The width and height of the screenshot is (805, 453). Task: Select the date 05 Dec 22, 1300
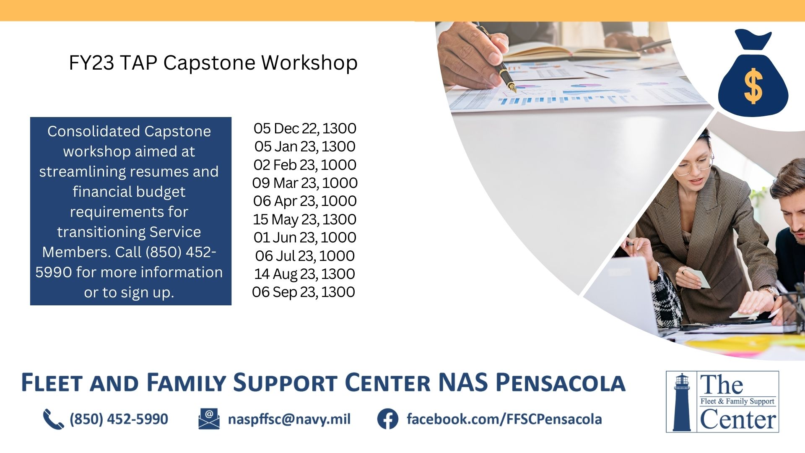coord(305,128)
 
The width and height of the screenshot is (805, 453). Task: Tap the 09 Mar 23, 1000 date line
coord(305,183)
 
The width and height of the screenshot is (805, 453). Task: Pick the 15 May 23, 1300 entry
coord(305,219)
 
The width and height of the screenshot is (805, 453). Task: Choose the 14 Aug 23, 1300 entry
coord(305,274)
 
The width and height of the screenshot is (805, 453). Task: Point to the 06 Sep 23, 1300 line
coord(304,292)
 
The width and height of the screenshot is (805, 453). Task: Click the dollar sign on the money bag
coord(753,86)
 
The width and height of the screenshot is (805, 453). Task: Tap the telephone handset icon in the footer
coord(53,419)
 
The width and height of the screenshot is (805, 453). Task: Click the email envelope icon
coord(209,419)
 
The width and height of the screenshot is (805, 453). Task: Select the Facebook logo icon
coord(388,419)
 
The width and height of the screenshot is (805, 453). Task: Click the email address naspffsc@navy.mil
coord(289,419)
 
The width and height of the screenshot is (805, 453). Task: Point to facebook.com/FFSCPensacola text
coord(504,419)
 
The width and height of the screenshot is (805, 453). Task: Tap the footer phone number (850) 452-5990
coord(119,419)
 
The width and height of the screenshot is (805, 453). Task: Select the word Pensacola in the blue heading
coord(561,383)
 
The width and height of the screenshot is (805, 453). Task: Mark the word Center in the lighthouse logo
coord(738,419)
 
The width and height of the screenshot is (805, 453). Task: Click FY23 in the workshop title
coord(91,63)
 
